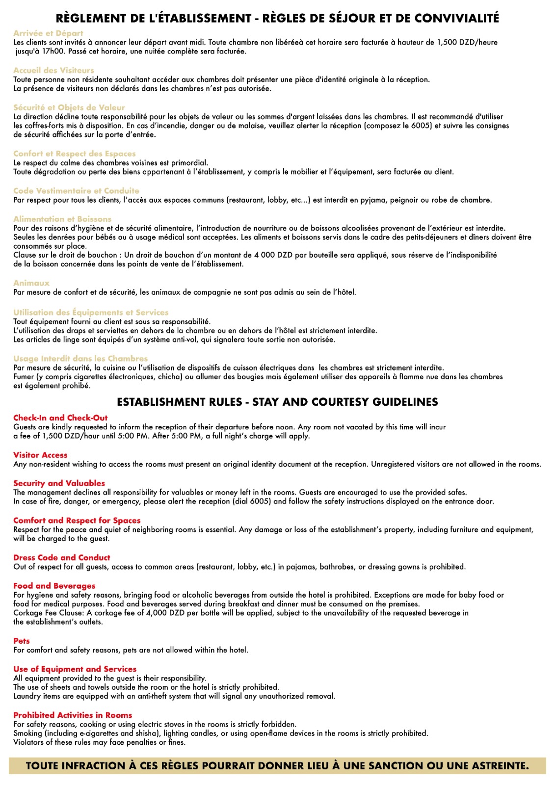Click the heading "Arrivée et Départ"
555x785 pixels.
pos(48,33)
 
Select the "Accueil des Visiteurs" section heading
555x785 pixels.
pos(53,70)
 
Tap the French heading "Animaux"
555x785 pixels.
pos(31,283)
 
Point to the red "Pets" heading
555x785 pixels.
pos(22,641)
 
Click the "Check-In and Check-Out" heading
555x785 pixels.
pos(60,418)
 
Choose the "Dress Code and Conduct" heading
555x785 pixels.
pos(62,557)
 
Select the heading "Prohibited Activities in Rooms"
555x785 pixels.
pos(73,715)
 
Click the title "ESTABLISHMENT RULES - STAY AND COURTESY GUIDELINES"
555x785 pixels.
pos(277,402)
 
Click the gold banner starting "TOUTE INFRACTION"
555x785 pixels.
pos(277,766)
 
